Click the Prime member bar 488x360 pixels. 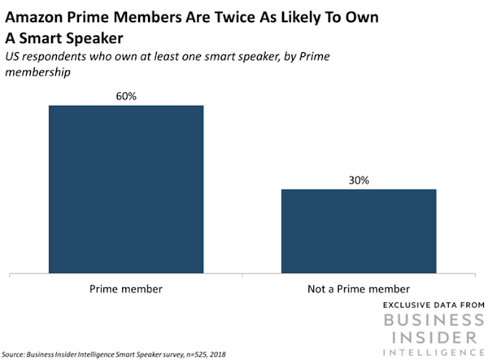tap(126, 190)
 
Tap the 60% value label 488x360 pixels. tap(126, 95)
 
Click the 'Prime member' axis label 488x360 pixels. tap(126, 289)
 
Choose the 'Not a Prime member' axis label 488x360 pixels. tap(359, 289)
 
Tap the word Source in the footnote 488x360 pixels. tap(17, 353)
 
